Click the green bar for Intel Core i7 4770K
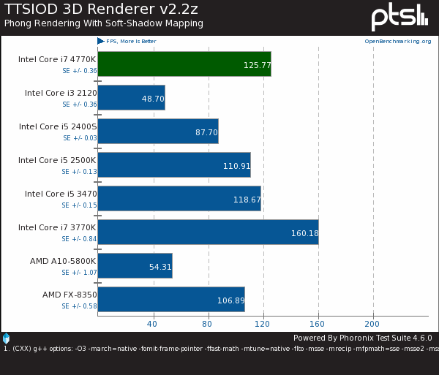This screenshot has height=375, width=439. pos(184,64)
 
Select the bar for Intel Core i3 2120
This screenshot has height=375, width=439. pos(131,97)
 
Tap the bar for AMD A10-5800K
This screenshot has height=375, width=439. pos(135,265)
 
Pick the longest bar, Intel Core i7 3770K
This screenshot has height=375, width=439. pos(208,232)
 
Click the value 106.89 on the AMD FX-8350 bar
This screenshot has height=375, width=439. pos(230,300)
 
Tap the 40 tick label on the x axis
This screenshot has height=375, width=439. pos(152,323)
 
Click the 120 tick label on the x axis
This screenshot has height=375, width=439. pos(263,323)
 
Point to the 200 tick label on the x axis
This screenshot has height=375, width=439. pos(372,323)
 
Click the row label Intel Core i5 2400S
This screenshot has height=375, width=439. pos(58,126)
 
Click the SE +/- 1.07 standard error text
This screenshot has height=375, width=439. pos(79,273)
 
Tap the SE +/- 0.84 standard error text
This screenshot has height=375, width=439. pos(79,239)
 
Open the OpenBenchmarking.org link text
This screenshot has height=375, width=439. pos(397,42)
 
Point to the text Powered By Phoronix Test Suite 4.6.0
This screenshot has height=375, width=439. pos(362,338)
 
